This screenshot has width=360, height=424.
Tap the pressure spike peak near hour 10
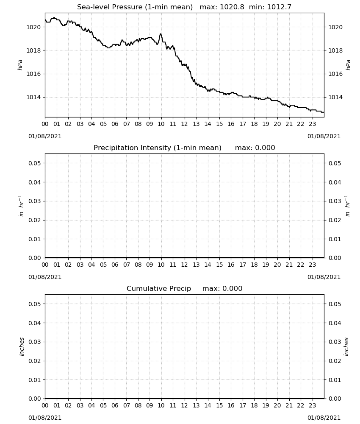click(x=161, y=34)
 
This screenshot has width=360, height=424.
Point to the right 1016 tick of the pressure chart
click(x=335, y=74)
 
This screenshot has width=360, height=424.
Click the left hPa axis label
click(x=20, y=65)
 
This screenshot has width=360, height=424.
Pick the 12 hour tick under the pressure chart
click(x=185, y=124)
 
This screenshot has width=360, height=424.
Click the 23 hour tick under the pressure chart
click(x=312, y=124)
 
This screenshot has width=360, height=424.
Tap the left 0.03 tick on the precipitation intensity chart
click(x=35, y=201)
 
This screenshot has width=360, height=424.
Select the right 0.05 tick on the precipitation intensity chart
click(x=335, y=163)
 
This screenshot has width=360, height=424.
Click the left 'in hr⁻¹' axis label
click(x=21, y=206)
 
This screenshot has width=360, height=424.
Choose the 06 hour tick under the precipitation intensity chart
click(x=115, y=265)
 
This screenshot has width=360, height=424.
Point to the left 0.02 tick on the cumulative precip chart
click(x=35, y=361)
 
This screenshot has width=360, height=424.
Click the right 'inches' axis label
click(x=346, y=347)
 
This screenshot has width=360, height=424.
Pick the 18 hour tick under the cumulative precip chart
click(x=254, y=405)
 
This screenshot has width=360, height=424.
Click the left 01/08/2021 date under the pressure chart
click(x=45, y=136)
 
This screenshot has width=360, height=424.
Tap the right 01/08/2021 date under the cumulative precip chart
click(x=324, y=418)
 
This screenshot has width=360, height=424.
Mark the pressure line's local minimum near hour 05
click(x=108, y=48)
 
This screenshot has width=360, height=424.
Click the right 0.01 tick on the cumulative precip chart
click(x=335, y=379)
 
